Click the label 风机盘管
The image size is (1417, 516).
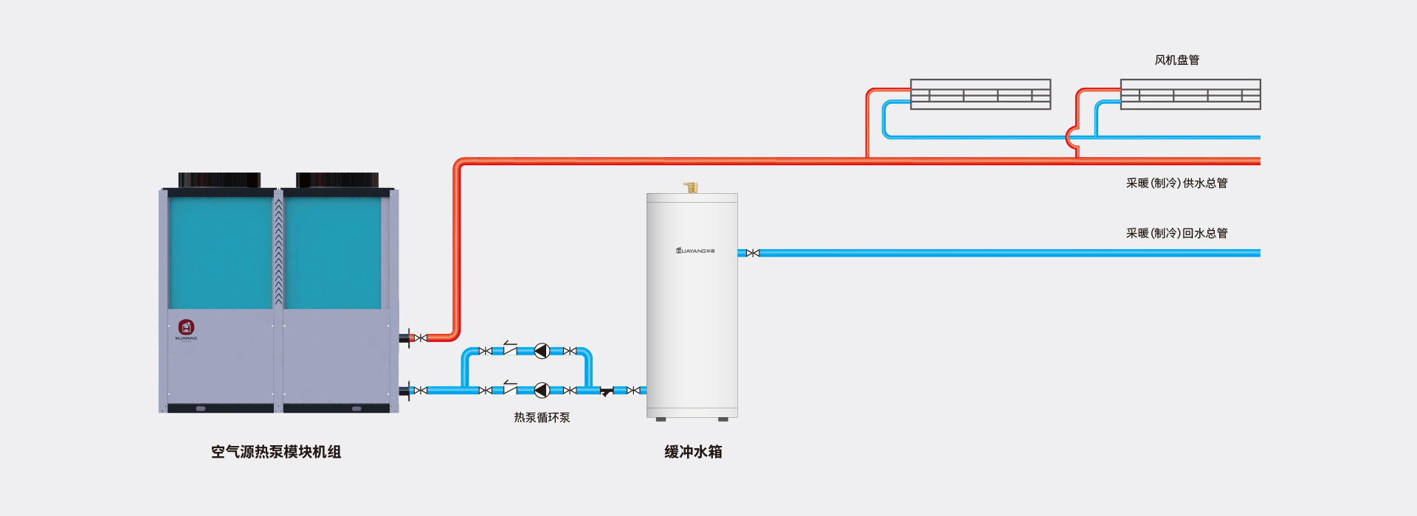pyautogui.click(x=1176, y=60)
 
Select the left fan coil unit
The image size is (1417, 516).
pyautogui.click(x=980, y=94)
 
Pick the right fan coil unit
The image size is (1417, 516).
pyautogui.click(x=1190, y=94)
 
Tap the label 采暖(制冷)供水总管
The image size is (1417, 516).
pyautogui.click(x=1176, y=184)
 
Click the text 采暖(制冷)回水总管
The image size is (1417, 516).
pyautogui.click(x=1176, y=234)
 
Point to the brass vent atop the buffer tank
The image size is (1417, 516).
pyautogui.click(x=691, y=187)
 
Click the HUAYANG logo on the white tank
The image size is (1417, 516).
pyautogui.click(x=695, y=251)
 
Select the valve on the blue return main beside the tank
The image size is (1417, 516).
pyautogui.click(x=753, y=254)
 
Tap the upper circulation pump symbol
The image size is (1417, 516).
pyautogui.click(x=542, y=351)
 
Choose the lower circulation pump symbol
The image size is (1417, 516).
pyautogui.click(x=542, y=391)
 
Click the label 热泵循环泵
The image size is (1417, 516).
pyautogui.click(x=542, y=418)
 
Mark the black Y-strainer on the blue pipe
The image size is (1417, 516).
pyautogui.click(x=606, y=392)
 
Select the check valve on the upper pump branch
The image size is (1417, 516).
pyautogui.click(x=509, y=349)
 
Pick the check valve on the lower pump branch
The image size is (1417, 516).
pyautogui.click(x=509, y=388)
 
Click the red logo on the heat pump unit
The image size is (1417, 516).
pyautogui.click(x=186, y=327)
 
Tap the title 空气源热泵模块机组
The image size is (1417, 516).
pyautogui.click(x=276, y=452)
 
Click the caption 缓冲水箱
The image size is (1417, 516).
pyautogui.click(x=693, y=452)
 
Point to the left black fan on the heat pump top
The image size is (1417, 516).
pyautogui.click(x=219, y=180)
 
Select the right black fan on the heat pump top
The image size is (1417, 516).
pyautogui.click(x=337, y=180)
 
